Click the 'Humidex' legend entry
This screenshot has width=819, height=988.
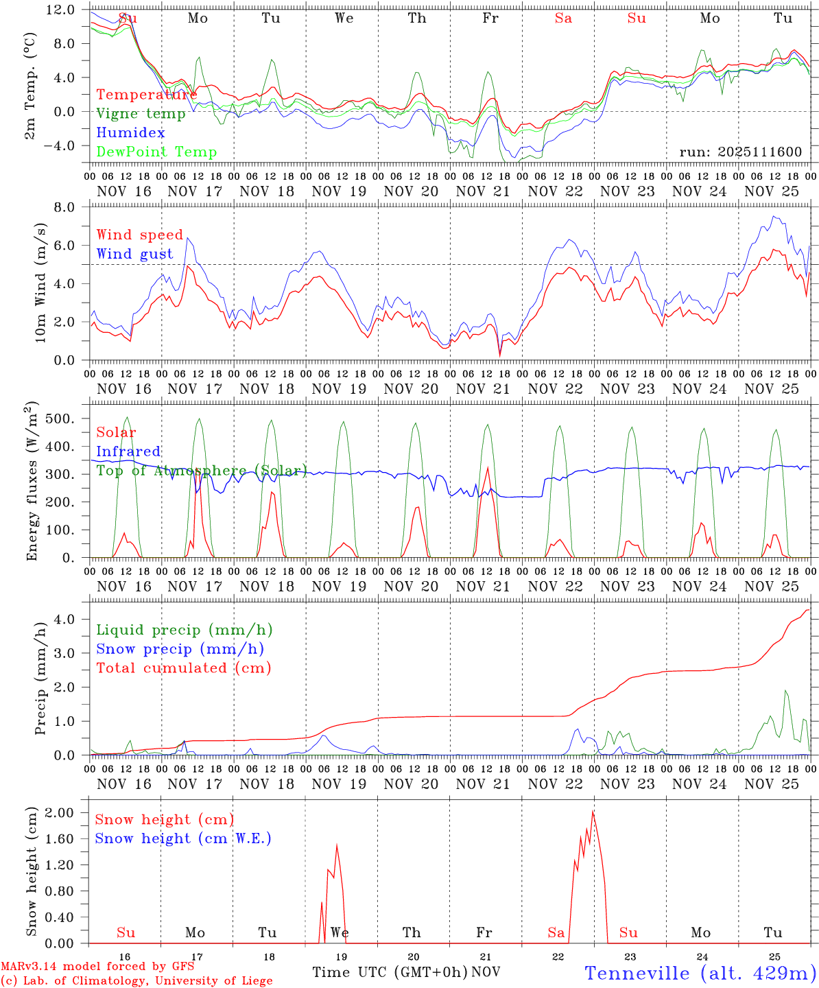[130, 133]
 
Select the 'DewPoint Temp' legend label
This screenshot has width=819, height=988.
[156, 152]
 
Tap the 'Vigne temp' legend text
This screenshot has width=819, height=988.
[141, 114]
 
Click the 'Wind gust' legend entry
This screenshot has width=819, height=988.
[134, 254]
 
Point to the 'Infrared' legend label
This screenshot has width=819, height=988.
[128, 451]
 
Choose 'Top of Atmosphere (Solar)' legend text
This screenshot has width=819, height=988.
[201, 471]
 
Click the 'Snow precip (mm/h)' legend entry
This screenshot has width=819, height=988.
[180, 649]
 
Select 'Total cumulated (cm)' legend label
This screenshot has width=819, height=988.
[183, 668]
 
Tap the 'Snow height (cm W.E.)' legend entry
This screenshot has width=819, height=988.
[182, 838]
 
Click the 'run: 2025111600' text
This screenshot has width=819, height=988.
[740, 152]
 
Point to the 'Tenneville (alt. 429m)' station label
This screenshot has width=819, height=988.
[700, 973]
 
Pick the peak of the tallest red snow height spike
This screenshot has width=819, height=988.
[593, 812]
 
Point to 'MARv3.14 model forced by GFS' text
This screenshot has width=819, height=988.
[97, 967]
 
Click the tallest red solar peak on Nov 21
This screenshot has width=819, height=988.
[487, 468]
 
